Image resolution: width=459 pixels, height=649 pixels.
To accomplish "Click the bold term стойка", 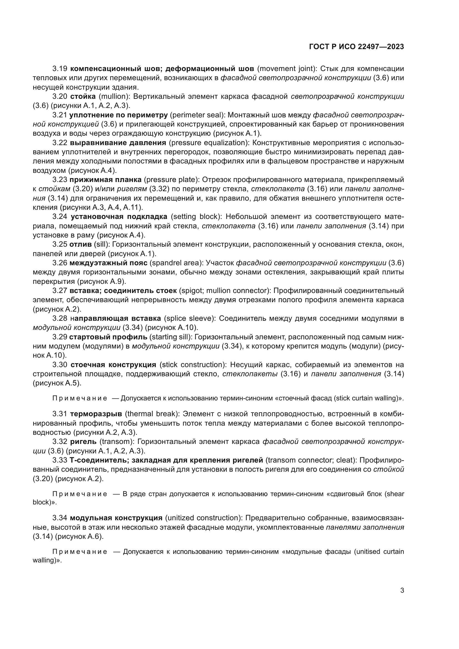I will point(83,96).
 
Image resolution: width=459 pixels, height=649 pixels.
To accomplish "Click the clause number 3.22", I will point(60,142).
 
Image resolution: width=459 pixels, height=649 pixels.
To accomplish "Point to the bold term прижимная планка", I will point(105,180).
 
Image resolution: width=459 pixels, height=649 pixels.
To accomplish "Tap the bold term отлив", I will point(80,244).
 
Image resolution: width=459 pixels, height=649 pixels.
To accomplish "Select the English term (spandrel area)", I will point(176,263).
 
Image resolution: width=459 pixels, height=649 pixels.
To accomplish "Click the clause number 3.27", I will point(60,291).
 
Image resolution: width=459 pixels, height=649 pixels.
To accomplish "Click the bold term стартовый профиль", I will point(108,337).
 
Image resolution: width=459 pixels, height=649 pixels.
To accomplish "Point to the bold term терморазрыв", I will point(96,414).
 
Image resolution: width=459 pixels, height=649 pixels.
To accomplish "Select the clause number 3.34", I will point(60,518).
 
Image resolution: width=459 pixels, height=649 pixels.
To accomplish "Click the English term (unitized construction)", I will point(203,518).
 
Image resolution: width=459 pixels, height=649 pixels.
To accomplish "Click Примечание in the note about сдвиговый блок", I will point(80,494).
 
